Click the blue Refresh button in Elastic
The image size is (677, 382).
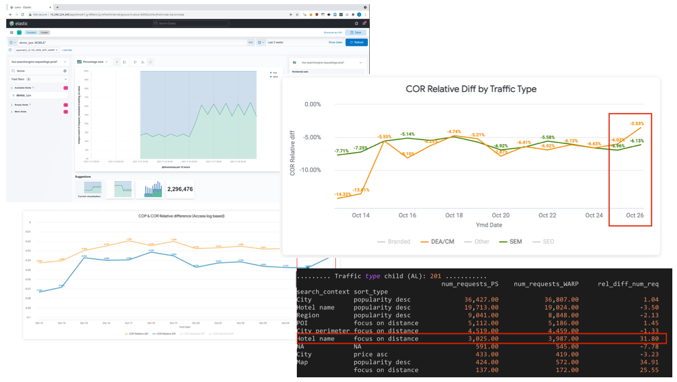[x=357, y=42]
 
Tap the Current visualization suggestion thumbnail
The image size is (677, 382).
[x=89, y=189]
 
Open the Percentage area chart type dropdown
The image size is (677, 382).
[x=93, y=62]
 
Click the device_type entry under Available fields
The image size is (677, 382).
[x=24, y=95]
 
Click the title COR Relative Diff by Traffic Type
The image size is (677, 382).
[x=471, y=89]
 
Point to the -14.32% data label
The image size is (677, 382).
[x=343, y=194]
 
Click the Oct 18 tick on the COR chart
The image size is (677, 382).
[x=454, y=215]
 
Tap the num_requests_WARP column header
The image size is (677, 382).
[x=546, y=284]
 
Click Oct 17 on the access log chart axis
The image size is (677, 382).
[x=128, y=323]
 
